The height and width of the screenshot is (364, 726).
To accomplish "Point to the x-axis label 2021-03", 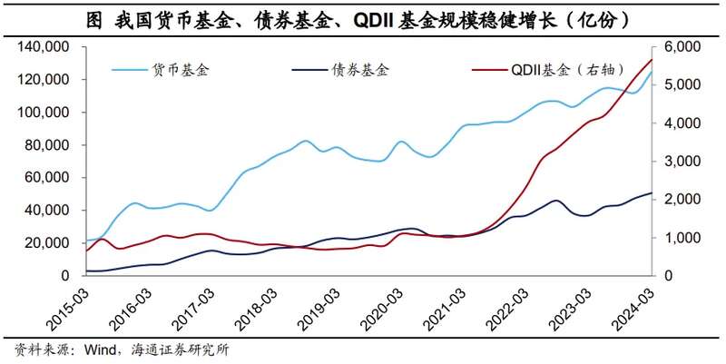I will (x=444, y=310).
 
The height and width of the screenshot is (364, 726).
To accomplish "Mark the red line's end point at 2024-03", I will (x=652, y=60).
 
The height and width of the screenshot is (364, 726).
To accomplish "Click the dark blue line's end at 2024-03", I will (x=652, y=192).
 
